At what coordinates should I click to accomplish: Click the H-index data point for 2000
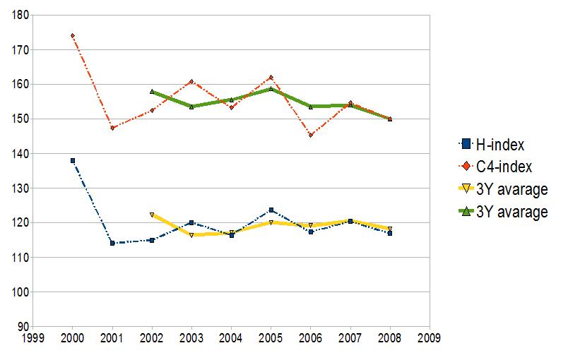coord(73,161)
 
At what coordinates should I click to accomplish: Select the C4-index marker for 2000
coord(73,35)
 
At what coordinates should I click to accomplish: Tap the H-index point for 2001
coord(112,244)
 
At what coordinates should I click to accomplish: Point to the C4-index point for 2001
coord(112,128)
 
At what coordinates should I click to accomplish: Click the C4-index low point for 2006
coord(311,135)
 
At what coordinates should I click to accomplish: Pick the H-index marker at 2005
coord(271,210)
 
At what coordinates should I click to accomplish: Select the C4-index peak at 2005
coord(271,77)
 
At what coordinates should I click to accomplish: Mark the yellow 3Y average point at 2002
coord(152,215)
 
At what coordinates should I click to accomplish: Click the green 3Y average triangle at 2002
coord(152,92)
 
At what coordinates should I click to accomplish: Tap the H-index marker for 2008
coord(390,233)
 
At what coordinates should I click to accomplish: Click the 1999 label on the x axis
coord(33,338)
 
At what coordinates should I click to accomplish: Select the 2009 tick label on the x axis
coord(430,338)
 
